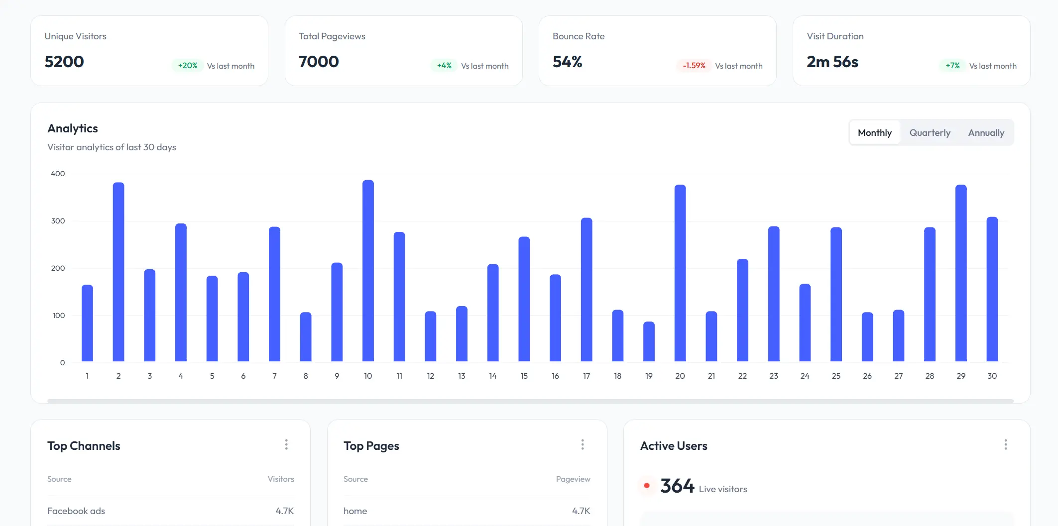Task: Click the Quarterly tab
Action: click(x=930, y=133)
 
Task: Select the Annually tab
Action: click(x=986, y=133)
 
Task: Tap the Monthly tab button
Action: click(x=874, y=133)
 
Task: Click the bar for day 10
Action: click(x=368, y=271)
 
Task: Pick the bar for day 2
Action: click(x=118, y=272)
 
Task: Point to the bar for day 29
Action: click(x=961, y=273)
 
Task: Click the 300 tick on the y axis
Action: click(x=58, y=221)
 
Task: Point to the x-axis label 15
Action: click(x=524, y=376)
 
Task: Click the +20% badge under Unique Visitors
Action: click(x=188, y=66)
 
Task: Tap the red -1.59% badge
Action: click(x=694, y=66)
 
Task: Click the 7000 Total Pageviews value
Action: click(x=319, y=62)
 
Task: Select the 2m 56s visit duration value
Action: click(x=832, y=62)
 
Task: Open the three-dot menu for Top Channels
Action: click(x=286, y=444)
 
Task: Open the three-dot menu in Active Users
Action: click(x=1005, y=444)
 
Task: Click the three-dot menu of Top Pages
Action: click(x=583, y=444)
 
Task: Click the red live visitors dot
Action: click(x=646, y=485)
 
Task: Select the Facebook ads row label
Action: click(x=76, y=511)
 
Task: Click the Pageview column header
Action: click(x=573, y=479)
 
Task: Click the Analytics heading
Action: click(x=73, y=128)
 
